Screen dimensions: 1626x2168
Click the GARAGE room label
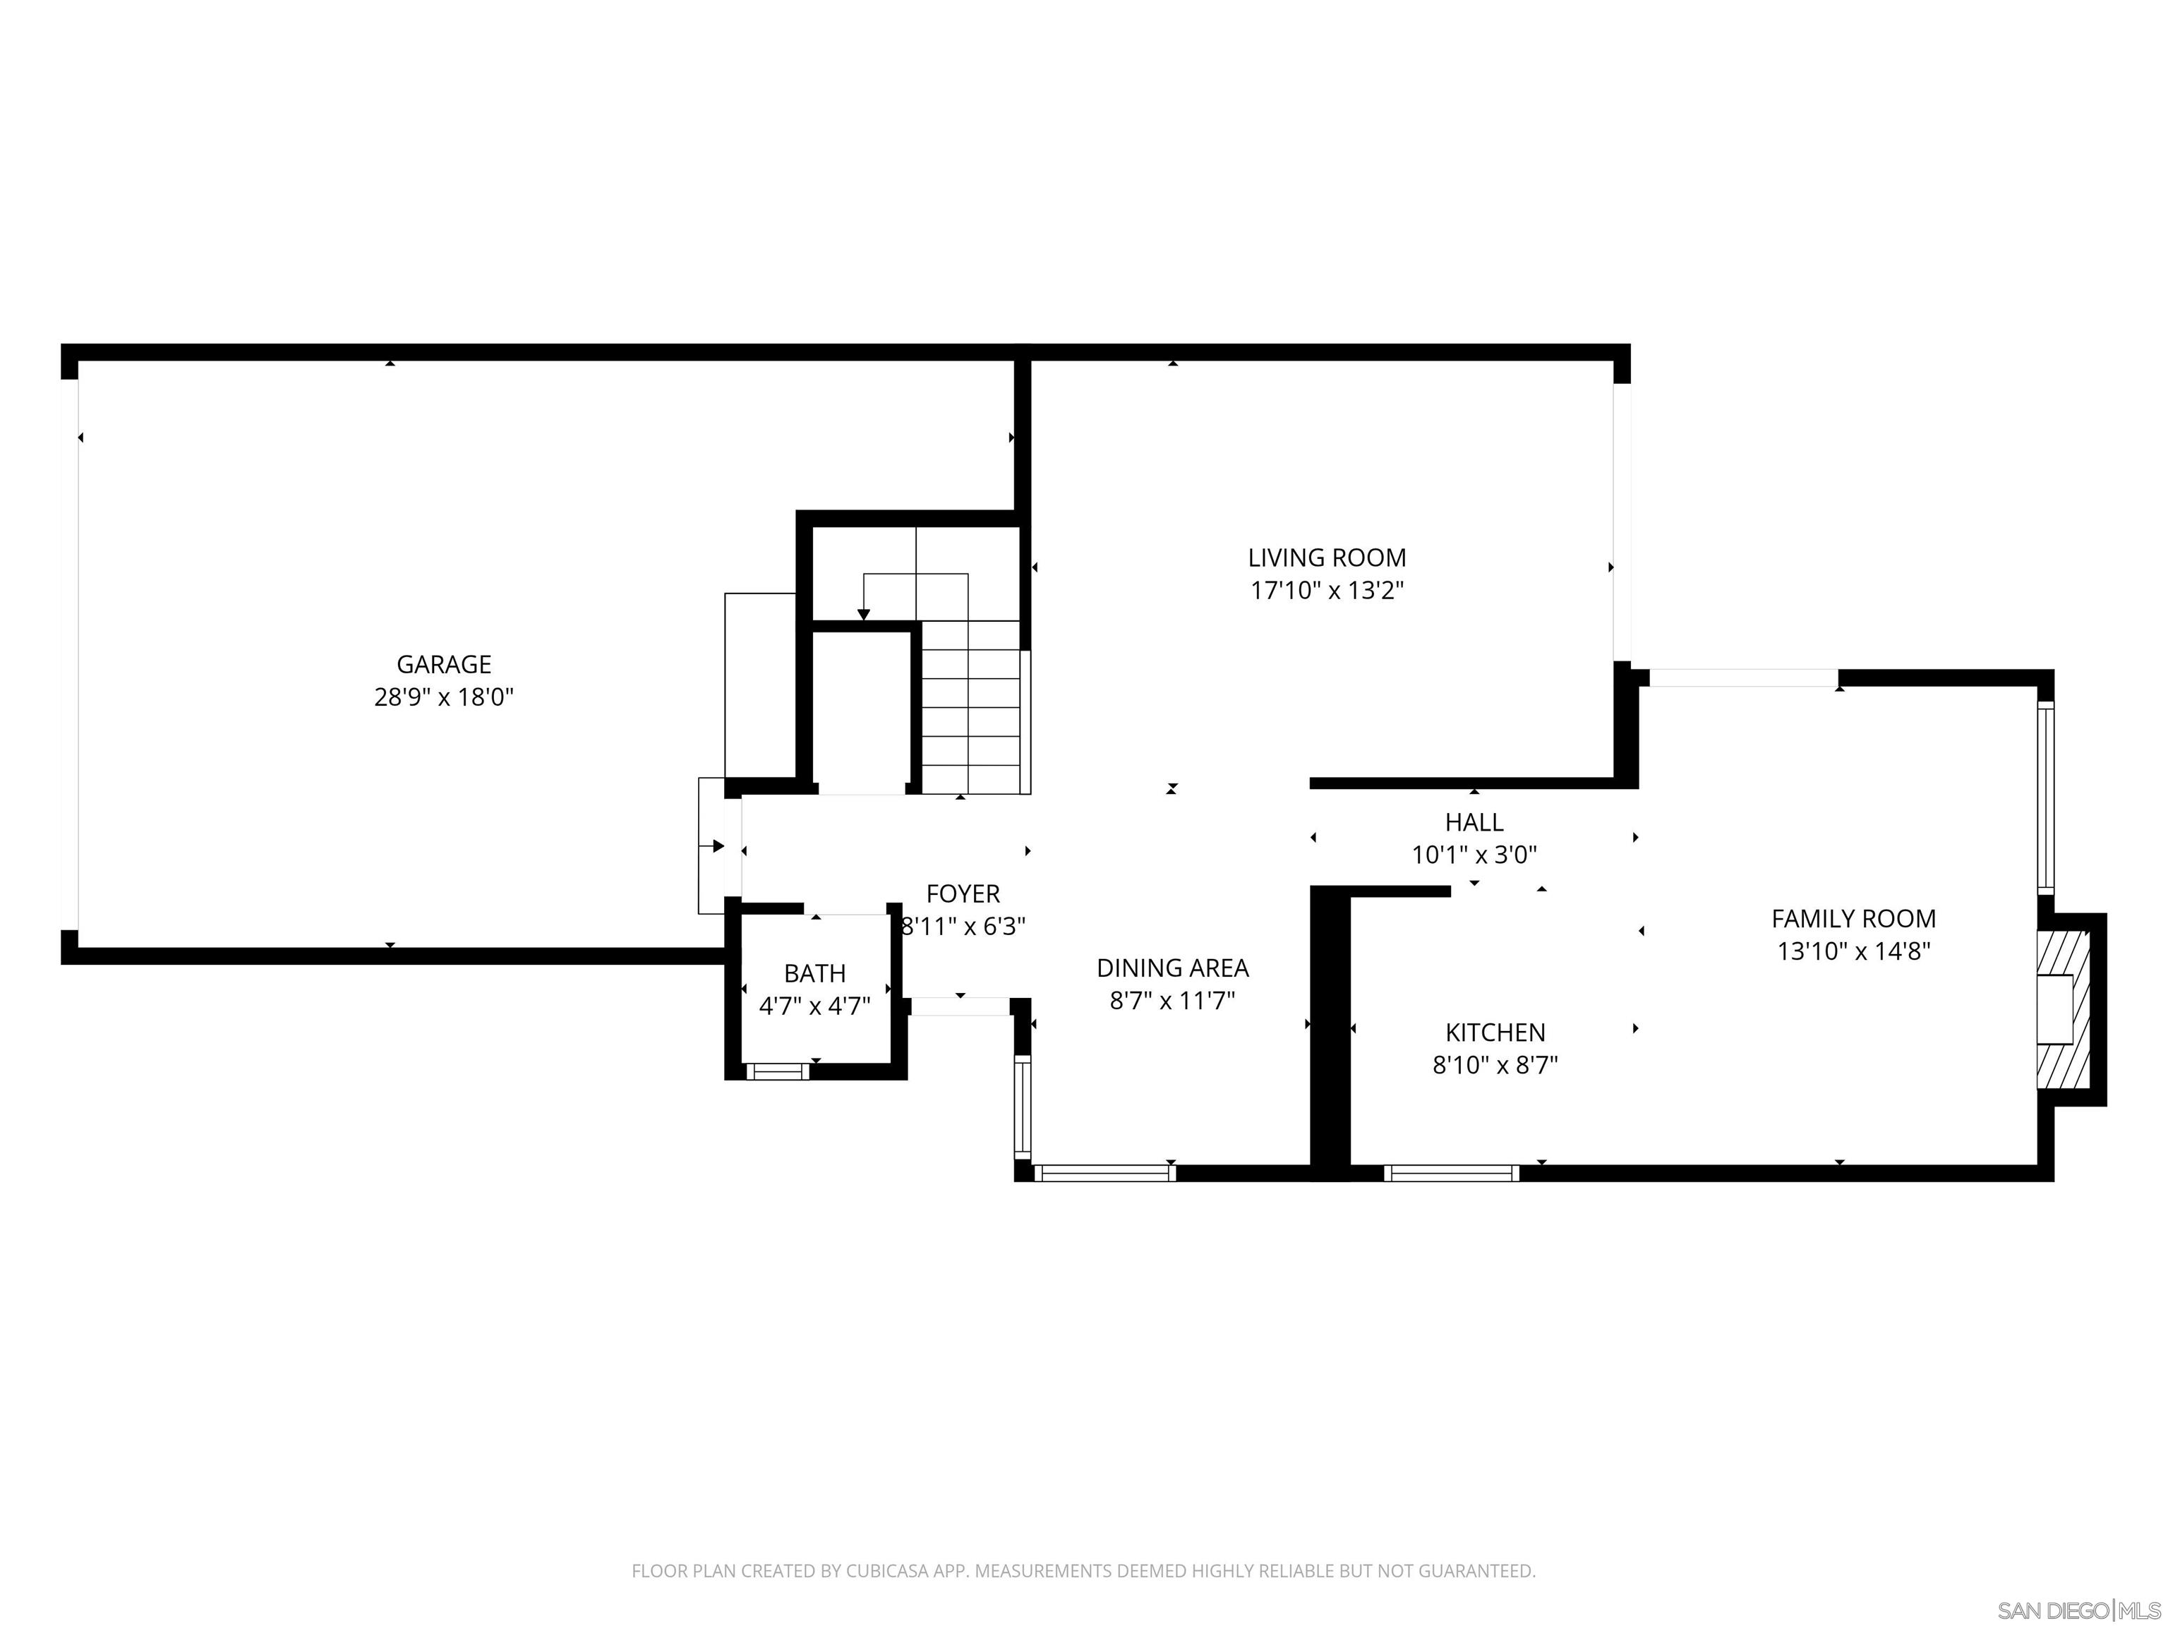[443, 665]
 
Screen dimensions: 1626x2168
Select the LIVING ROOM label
[1326, 558]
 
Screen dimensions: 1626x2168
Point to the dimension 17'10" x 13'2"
[1326, 591]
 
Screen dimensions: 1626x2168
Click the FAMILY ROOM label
[1853, 918]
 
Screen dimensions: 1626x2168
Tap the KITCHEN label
[1495, 1032]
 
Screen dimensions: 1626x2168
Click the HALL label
[1473, 822]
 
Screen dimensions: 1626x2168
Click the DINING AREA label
[1172, 968]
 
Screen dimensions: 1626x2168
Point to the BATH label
[814, 973]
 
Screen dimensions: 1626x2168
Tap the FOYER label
[963, 894]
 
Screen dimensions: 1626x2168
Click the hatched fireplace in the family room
[2062, 1009]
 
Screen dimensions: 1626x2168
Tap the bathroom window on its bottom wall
[777, 1072]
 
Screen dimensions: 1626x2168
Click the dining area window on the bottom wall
[1104, 1173]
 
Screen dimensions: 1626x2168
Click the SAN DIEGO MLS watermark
[2078, 1610]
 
